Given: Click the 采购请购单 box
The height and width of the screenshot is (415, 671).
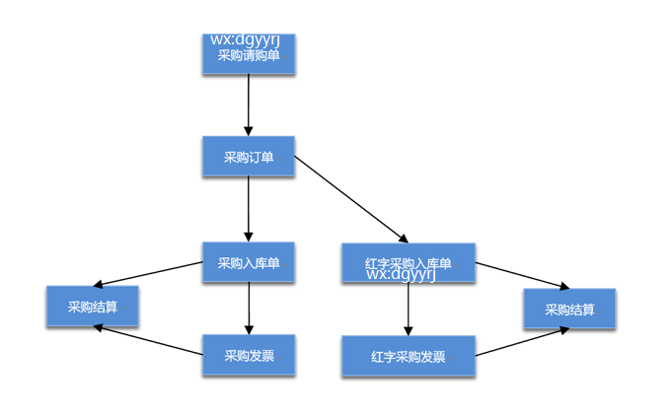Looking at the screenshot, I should click(x=249, y=57).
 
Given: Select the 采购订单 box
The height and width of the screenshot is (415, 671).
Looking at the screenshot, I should click(x=249, y=157).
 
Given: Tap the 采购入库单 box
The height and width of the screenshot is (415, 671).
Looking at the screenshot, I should click(x=249, y=262).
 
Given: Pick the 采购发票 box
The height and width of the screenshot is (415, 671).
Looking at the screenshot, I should click(x=249, y=355).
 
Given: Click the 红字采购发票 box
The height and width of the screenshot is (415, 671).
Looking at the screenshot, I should click(x=408, y=356).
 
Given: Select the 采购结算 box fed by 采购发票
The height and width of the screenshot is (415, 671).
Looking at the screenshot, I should click(x=92, y=307).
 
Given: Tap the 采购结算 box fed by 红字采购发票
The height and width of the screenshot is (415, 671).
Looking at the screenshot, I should click(x=569, y=309).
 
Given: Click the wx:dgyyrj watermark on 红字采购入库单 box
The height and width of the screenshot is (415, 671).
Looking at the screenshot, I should click(x=401, y=274).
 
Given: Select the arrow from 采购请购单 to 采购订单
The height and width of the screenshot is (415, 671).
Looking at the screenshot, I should click(x=249, y=104).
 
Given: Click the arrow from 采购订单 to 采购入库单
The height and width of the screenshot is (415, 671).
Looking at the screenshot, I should click(x=249, y=209).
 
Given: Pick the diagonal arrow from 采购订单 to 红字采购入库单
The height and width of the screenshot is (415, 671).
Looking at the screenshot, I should click(x=350, y=198).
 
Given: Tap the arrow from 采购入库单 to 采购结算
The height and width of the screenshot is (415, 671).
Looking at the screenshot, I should click(x=148, y=273).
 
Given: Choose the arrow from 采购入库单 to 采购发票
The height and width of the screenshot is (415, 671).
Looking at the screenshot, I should click(x=249, y=308).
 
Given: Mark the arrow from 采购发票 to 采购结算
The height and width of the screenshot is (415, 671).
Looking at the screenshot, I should click(x=148, y=340).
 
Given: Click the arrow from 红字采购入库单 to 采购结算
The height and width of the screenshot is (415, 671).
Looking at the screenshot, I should click(x=523, y=276).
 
